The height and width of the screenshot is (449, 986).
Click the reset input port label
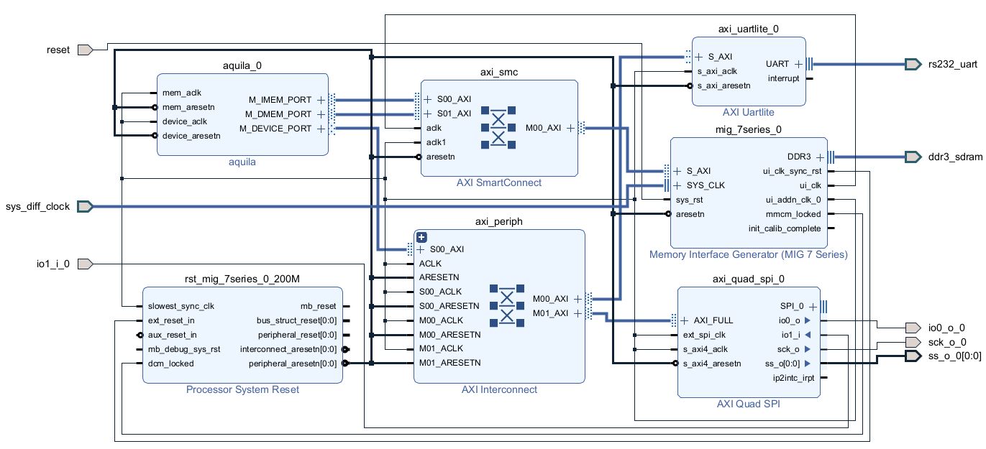pyautogui.click(x=58, y=50)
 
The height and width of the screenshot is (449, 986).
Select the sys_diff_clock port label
pyautogui.click(x=38, y=206)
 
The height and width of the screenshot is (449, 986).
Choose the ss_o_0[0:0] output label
pyautogui.click(x=955, y=356)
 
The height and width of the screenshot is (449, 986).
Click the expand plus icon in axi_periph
pyautogui.click(x=422, y=237)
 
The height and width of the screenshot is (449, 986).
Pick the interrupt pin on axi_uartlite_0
pyautogui.click(x=783, y=78)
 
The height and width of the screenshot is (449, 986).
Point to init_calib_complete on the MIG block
pyautogui.click(x=785, y=228)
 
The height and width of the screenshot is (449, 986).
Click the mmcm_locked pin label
pyautogui.click(x=798, y=213)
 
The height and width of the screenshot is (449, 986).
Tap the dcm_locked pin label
pyautogui.click(x=170, y=364)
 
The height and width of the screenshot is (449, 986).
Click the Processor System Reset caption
pyautogui.click(x=242, y=389)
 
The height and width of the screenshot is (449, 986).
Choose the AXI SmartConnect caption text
pyautogui.click(x=499, y=182)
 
